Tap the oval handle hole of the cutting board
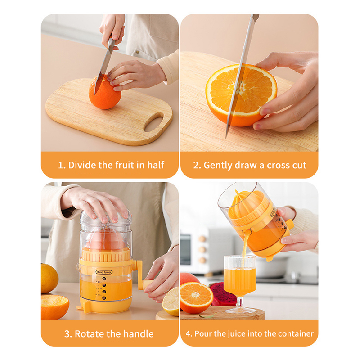click(x=153, y=122)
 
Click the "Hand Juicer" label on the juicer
click(x=104, y=272)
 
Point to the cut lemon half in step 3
click(x=171, y=301)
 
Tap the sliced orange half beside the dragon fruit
click(x=197, y=297)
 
